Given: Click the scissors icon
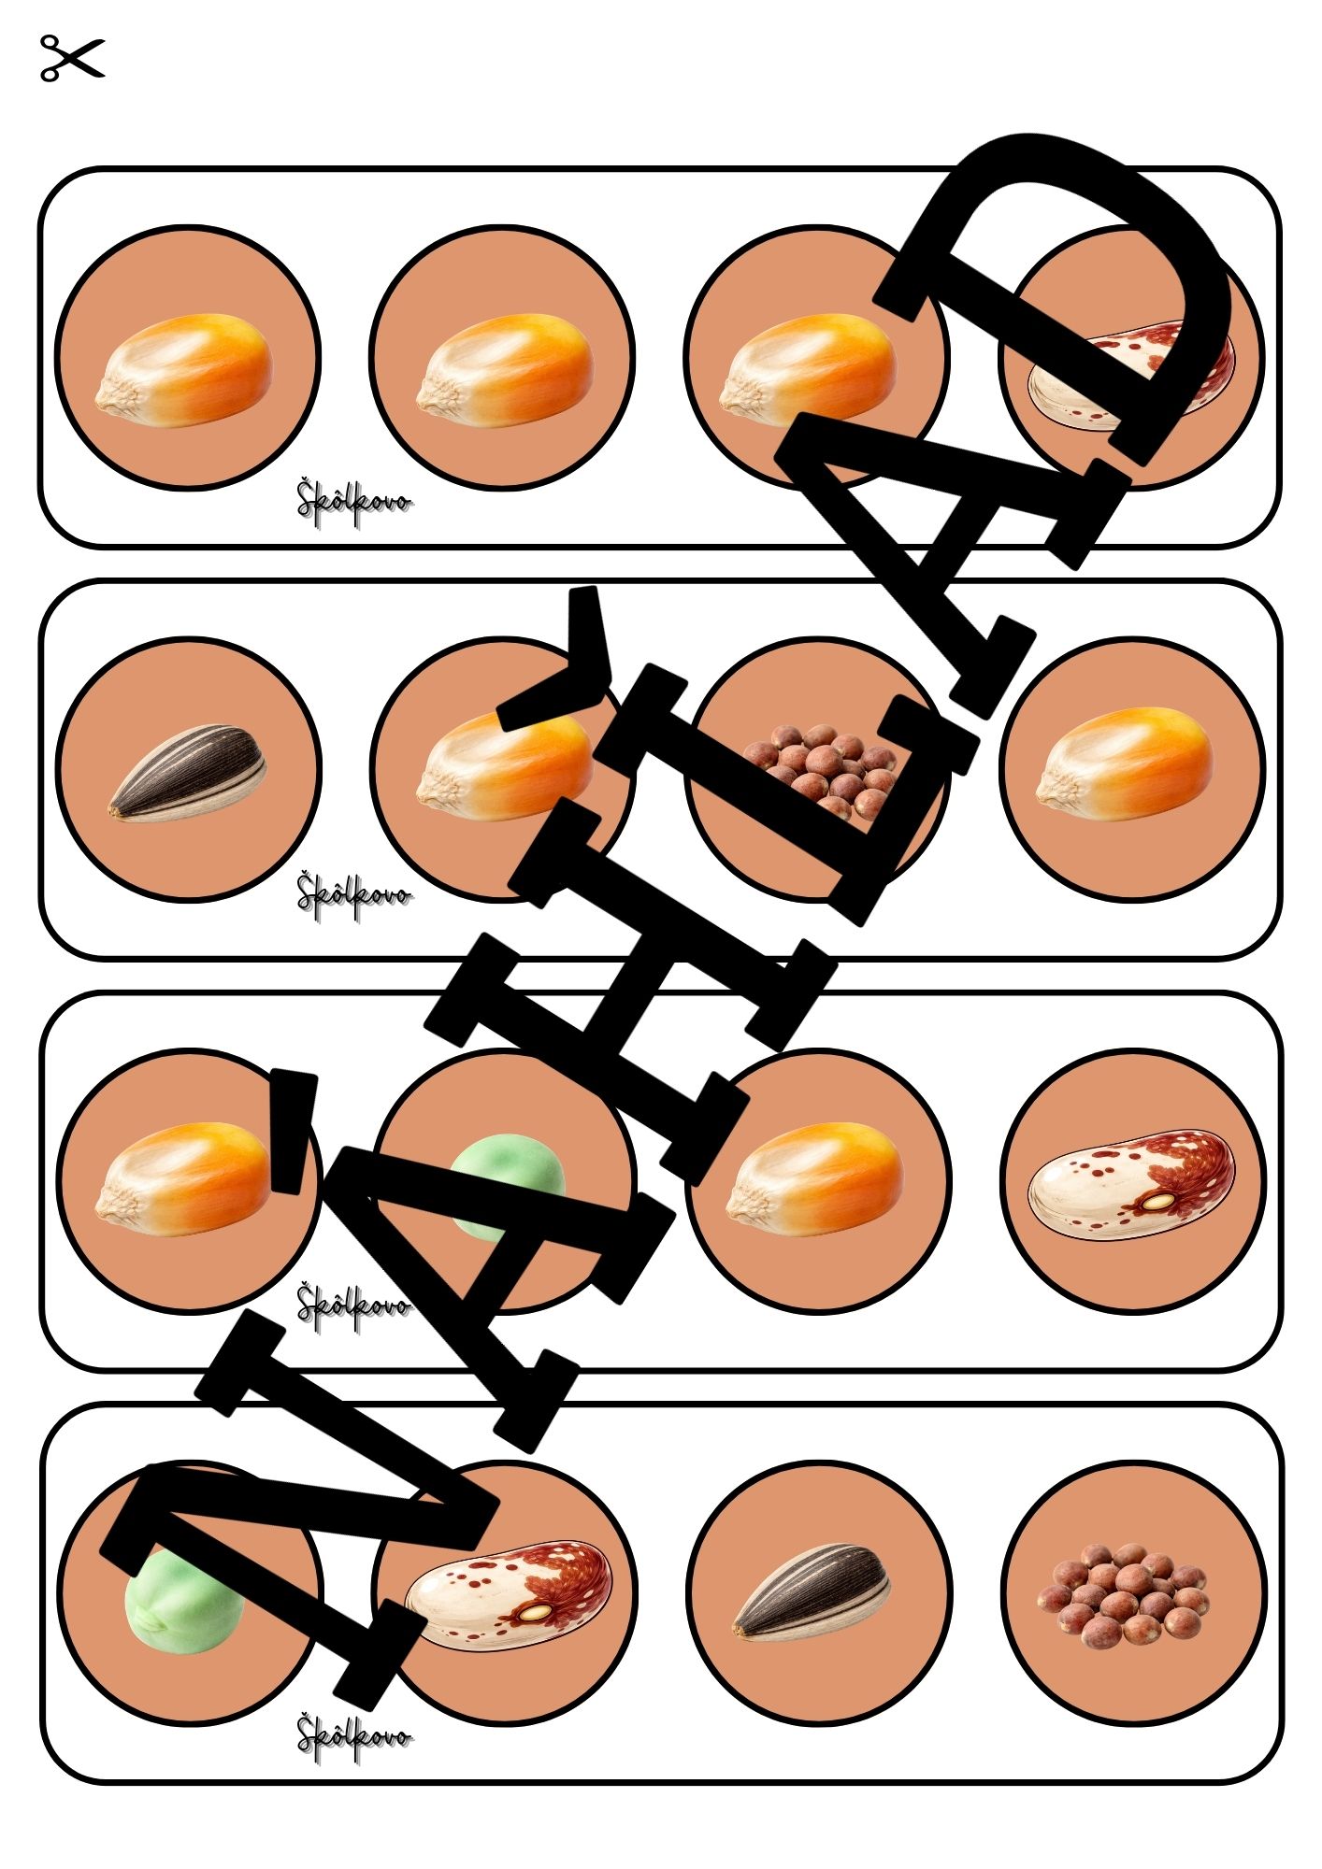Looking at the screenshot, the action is pos(72,58).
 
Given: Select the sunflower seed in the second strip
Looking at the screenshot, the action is pos(187,773).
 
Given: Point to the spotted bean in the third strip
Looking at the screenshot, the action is pos(1131,1185).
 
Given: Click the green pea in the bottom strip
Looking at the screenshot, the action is pos(183,1600).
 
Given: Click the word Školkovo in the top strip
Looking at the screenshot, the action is pos(353,501).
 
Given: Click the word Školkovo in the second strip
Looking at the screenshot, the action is pos(353,893).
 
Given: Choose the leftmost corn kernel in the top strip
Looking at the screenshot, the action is pos(183,366).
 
